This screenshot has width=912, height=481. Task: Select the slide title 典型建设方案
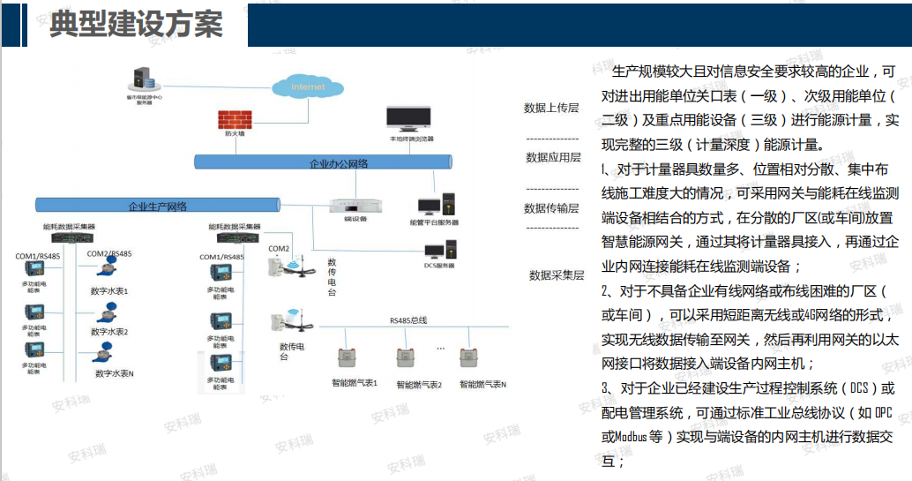(x=136, y=24)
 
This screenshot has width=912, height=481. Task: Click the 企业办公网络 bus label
(x=339, y=163)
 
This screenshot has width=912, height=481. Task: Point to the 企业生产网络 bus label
(x=158, y=207)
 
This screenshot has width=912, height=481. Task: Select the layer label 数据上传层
(x=551, y=108)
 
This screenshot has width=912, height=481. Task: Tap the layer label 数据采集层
(x=557, y=275)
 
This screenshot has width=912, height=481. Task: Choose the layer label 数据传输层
(x=552, y=208)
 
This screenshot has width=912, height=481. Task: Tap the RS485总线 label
(x=408, y=320)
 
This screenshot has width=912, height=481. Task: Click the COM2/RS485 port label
(x=109, y=254)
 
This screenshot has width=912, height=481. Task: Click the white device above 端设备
(x=355, y=205)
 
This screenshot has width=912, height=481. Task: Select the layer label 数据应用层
(x=553, y=157)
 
